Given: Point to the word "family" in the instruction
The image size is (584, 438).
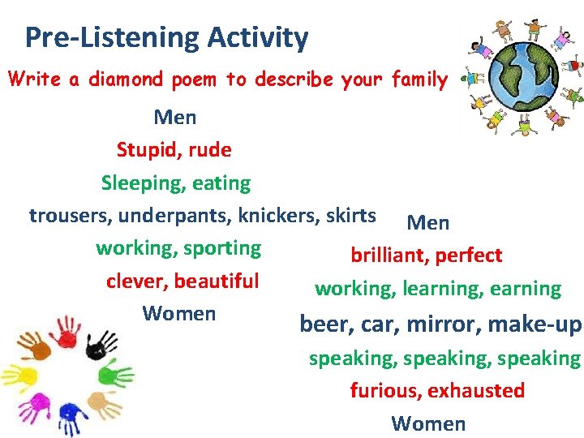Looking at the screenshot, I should pos(418,79).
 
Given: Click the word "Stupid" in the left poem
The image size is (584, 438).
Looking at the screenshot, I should pos(144,150).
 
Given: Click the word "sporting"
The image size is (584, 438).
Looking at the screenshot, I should pos(221,248).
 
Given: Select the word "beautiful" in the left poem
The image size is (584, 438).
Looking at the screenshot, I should pos(216,281).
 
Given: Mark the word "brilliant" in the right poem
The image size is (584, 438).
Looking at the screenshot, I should pos(389,255).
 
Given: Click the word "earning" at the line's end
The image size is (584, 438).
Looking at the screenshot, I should pos(526,289).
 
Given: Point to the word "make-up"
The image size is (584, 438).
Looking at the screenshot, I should pos(542,324).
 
